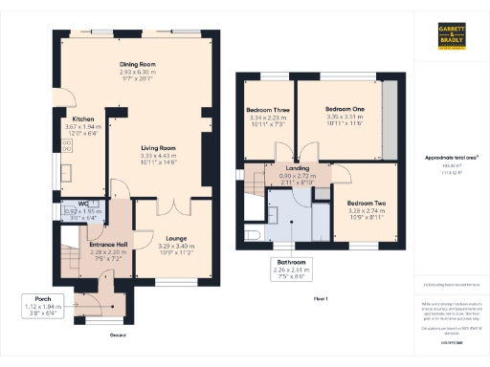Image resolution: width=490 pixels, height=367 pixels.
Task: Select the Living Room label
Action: point(160,148)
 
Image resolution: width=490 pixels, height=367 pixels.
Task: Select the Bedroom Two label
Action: point(366,204)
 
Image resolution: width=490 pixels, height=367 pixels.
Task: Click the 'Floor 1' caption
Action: point(320,299)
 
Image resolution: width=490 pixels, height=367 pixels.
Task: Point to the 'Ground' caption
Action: point(116,335)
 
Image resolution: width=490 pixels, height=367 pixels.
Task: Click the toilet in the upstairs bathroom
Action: point(254,234)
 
